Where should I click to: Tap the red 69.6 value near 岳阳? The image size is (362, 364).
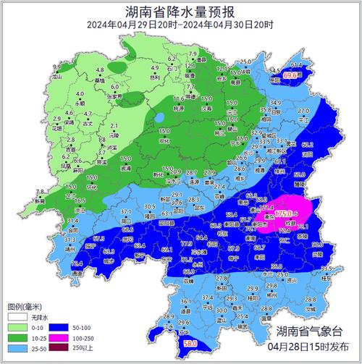point(291,75)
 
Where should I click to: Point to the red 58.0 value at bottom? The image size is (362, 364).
point(190,343)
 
